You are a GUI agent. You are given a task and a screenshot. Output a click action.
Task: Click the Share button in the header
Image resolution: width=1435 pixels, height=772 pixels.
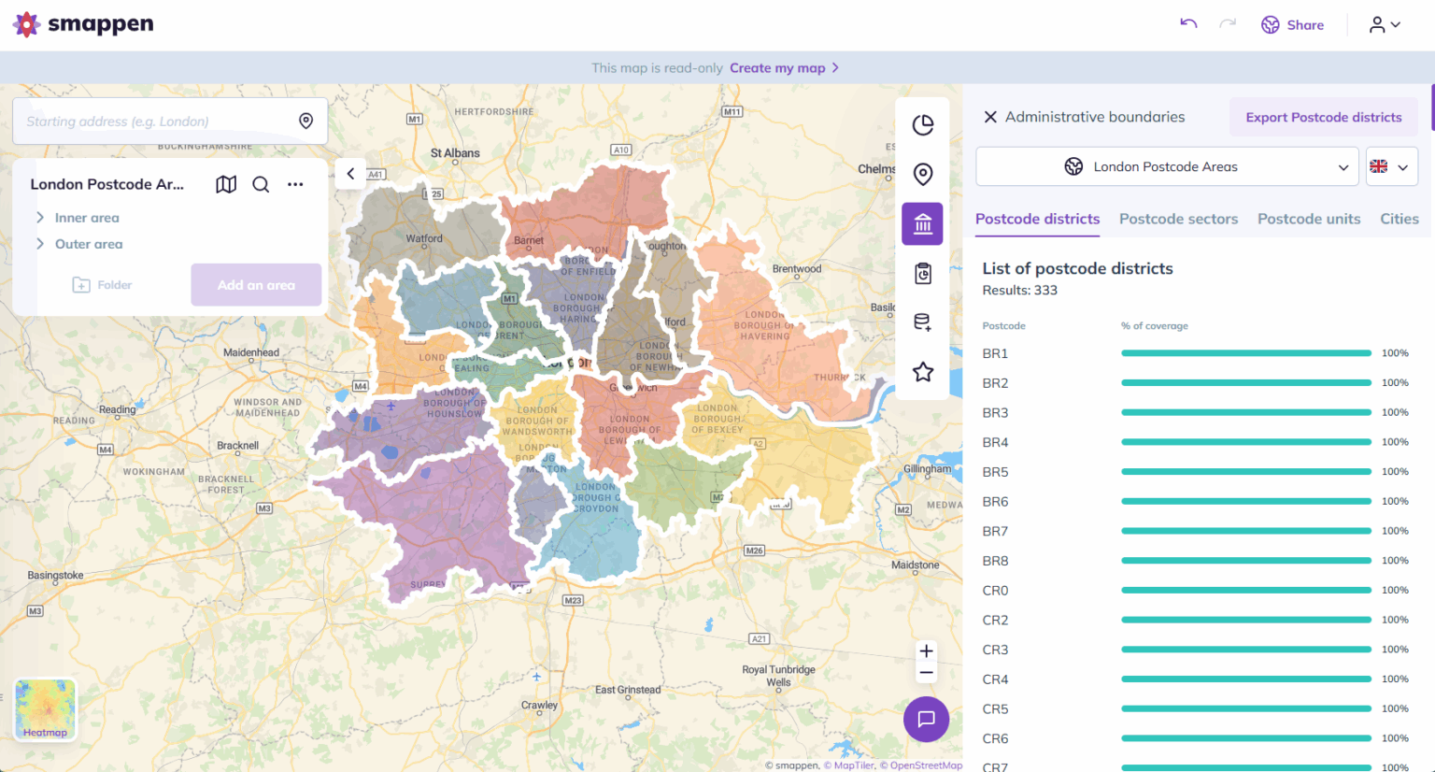coord(1293,25)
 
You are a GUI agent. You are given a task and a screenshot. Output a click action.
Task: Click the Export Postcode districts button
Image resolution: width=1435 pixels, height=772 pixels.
coord(1323,117)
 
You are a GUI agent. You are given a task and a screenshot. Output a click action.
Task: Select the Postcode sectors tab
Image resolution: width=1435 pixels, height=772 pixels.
coord(1178,219)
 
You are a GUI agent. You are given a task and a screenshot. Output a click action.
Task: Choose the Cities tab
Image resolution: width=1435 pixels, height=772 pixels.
coord(1399,219)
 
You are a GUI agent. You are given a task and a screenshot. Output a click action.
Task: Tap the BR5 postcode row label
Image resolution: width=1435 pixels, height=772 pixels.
coord(995,472)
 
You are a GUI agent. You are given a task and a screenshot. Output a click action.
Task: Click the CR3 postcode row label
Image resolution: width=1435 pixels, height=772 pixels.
coord(995,650)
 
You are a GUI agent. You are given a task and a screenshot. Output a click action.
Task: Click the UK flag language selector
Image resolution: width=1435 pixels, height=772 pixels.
coord(1390,166)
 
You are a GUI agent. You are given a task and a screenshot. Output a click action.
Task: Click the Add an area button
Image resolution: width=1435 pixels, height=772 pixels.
coord(256,285)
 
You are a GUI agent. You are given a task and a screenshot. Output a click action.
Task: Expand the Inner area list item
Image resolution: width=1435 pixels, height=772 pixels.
coord(86,218)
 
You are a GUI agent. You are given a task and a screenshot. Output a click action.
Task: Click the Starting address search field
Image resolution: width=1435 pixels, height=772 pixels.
coord(154,122)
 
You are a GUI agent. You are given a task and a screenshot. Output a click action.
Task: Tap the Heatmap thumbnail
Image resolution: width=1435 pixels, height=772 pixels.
coord(45,709)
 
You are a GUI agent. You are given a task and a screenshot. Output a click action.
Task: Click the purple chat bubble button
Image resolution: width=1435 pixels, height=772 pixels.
coord(926,719)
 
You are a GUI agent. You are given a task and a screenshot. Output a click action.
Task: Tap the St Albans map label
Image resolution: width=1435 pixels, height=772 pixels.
coord(455,153)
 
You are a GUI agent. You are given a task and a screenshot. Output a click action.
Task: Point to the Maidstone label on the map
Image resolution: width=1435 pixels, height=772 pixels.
coord(915,565)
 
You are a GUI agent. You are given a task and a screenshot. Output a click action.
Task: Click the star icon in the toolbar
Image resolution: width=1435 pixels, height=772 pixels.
coord(923,372)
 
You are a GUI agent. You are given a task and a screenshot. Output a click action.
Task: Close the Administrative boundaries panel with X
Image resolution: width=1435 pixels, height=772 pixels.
coord(990,117)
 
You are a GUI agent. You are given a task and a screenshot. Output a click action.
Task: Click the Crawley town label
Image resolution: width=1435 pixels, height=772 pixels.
coord(539,706)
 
